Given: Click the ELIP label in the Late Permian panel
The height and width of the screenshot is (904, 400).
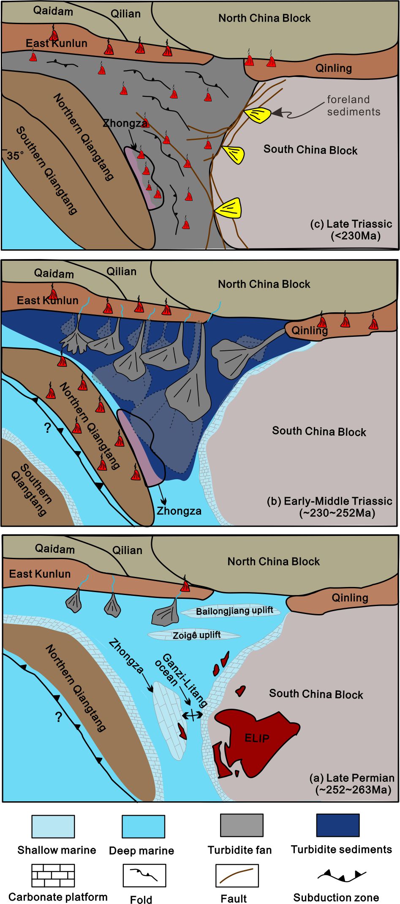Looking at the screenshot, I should (257, 738).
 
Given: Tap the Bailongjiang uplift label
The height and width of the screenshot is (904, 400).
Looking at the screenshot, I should (234, 611).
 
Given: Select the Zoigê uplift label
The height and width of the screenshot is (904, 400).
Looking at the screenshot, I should (196, 635).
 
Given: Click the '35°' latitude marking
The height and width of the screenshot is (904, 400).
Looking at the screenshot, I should (15, 156).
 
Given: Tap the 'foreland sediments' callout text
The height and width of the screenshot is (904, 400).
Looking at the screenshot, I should (353, 106).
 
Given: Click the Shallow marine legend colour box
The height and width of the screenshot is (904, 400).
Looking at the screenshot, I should (53, 827).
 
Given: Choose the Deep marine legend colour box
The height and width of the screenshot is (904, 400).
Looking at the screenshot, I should (143, 827).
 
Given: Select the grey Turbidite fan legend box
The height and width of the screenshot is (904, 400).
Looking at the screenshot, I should (242, 825).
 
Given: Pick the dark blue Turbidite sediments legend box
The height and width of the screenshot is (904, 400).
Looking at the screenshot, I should (338, 825).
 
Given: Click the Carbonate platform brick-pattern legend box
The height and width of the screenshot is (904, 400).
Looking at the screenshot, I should (53, 876).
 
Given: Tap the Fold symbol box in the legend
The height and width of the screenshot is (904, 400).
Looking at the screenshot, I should (144, 875).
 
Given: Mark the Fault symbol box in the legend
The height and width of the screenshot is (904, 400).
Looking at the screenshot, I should (237, 875).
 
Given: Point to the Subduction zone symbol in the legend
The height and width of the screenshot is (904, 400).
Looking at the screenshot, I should (342, 876).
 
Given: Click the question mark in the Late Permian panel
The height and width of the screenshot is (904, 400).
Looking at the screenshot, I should (58, 717).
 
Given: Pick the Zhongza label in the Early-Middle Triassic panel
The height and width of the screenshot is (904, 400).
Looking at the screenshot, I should (179, 511).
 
